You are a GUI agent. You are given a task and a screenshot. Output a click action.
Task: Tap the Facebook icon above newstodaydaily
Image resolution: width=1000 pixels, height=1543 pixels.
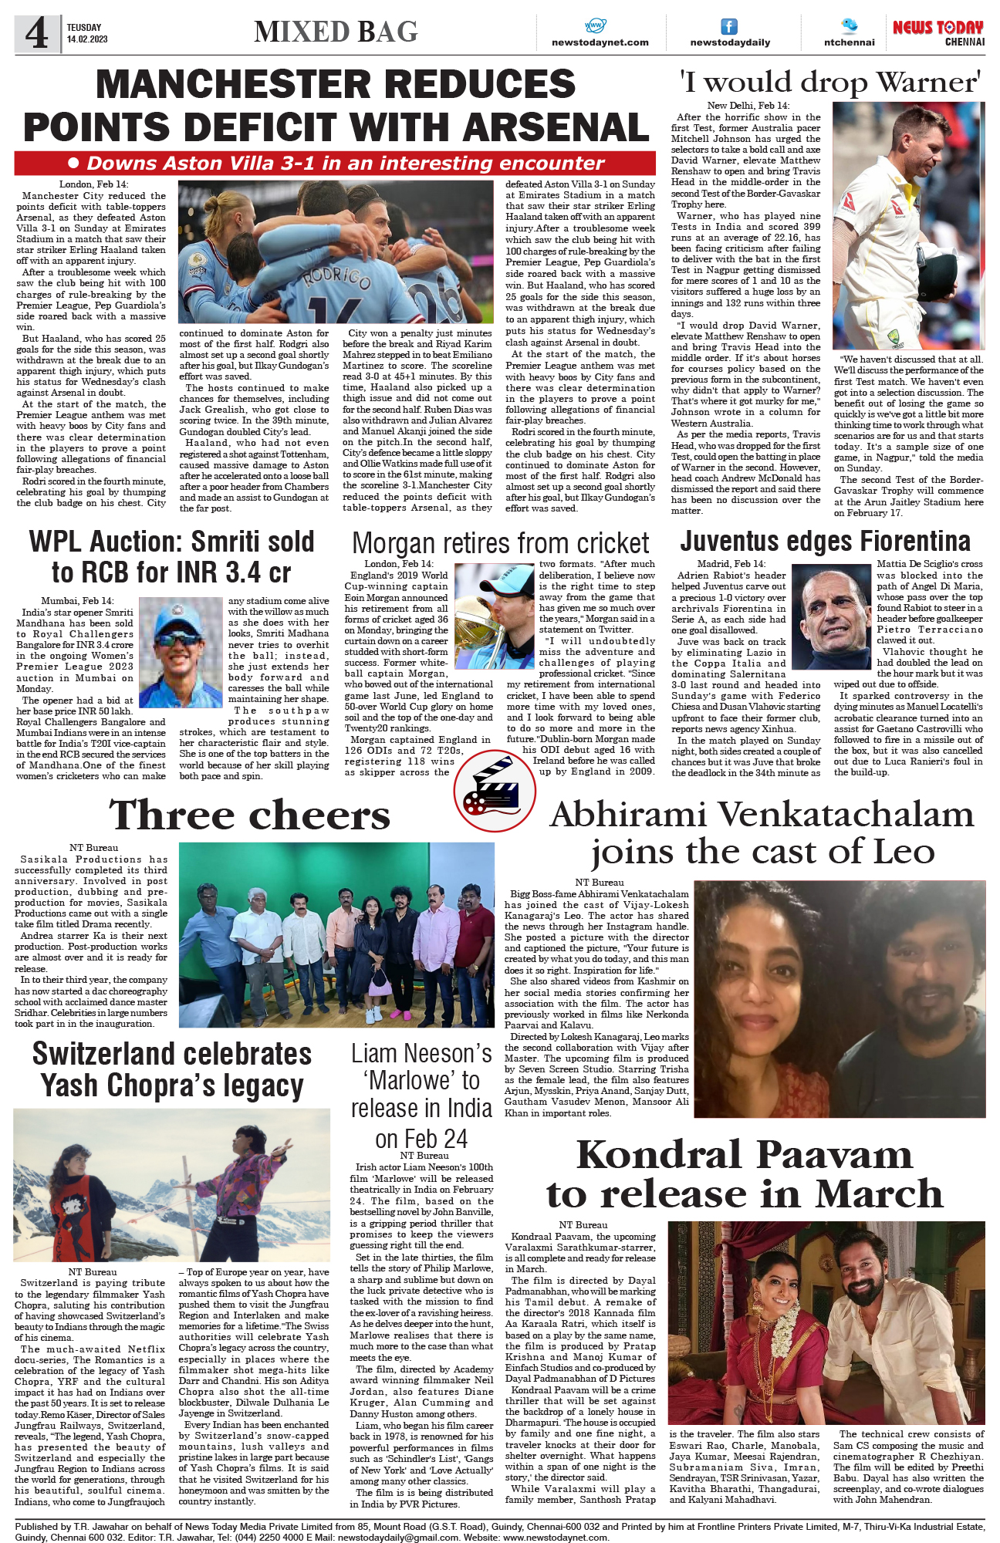point(728,27)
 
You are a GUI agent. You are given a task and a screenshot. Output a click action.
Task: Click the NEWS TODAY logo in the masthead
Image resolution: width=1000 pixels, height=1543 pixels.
point(937,28)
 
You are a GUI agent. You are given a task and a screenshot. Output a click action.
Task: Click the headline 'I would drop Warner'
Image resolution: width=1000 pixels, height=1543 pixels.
point(829,82)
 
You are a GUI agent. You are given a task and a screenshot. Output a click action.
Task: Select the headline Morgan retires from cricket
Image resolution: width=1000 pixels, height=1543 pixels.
point(500,543)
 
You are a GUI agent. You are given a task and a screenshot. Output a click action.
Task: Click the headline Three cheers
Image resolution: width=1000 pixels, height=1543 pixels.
point(250,815)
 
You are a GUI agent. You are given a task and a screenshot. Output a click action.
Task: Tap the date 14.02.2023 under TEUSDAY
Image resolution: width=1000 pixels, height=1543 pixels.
point(87,39)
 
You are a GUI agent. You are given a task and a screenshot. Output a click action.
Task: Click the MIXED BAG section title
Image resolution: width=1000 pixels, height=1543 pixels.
point(336,32)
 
